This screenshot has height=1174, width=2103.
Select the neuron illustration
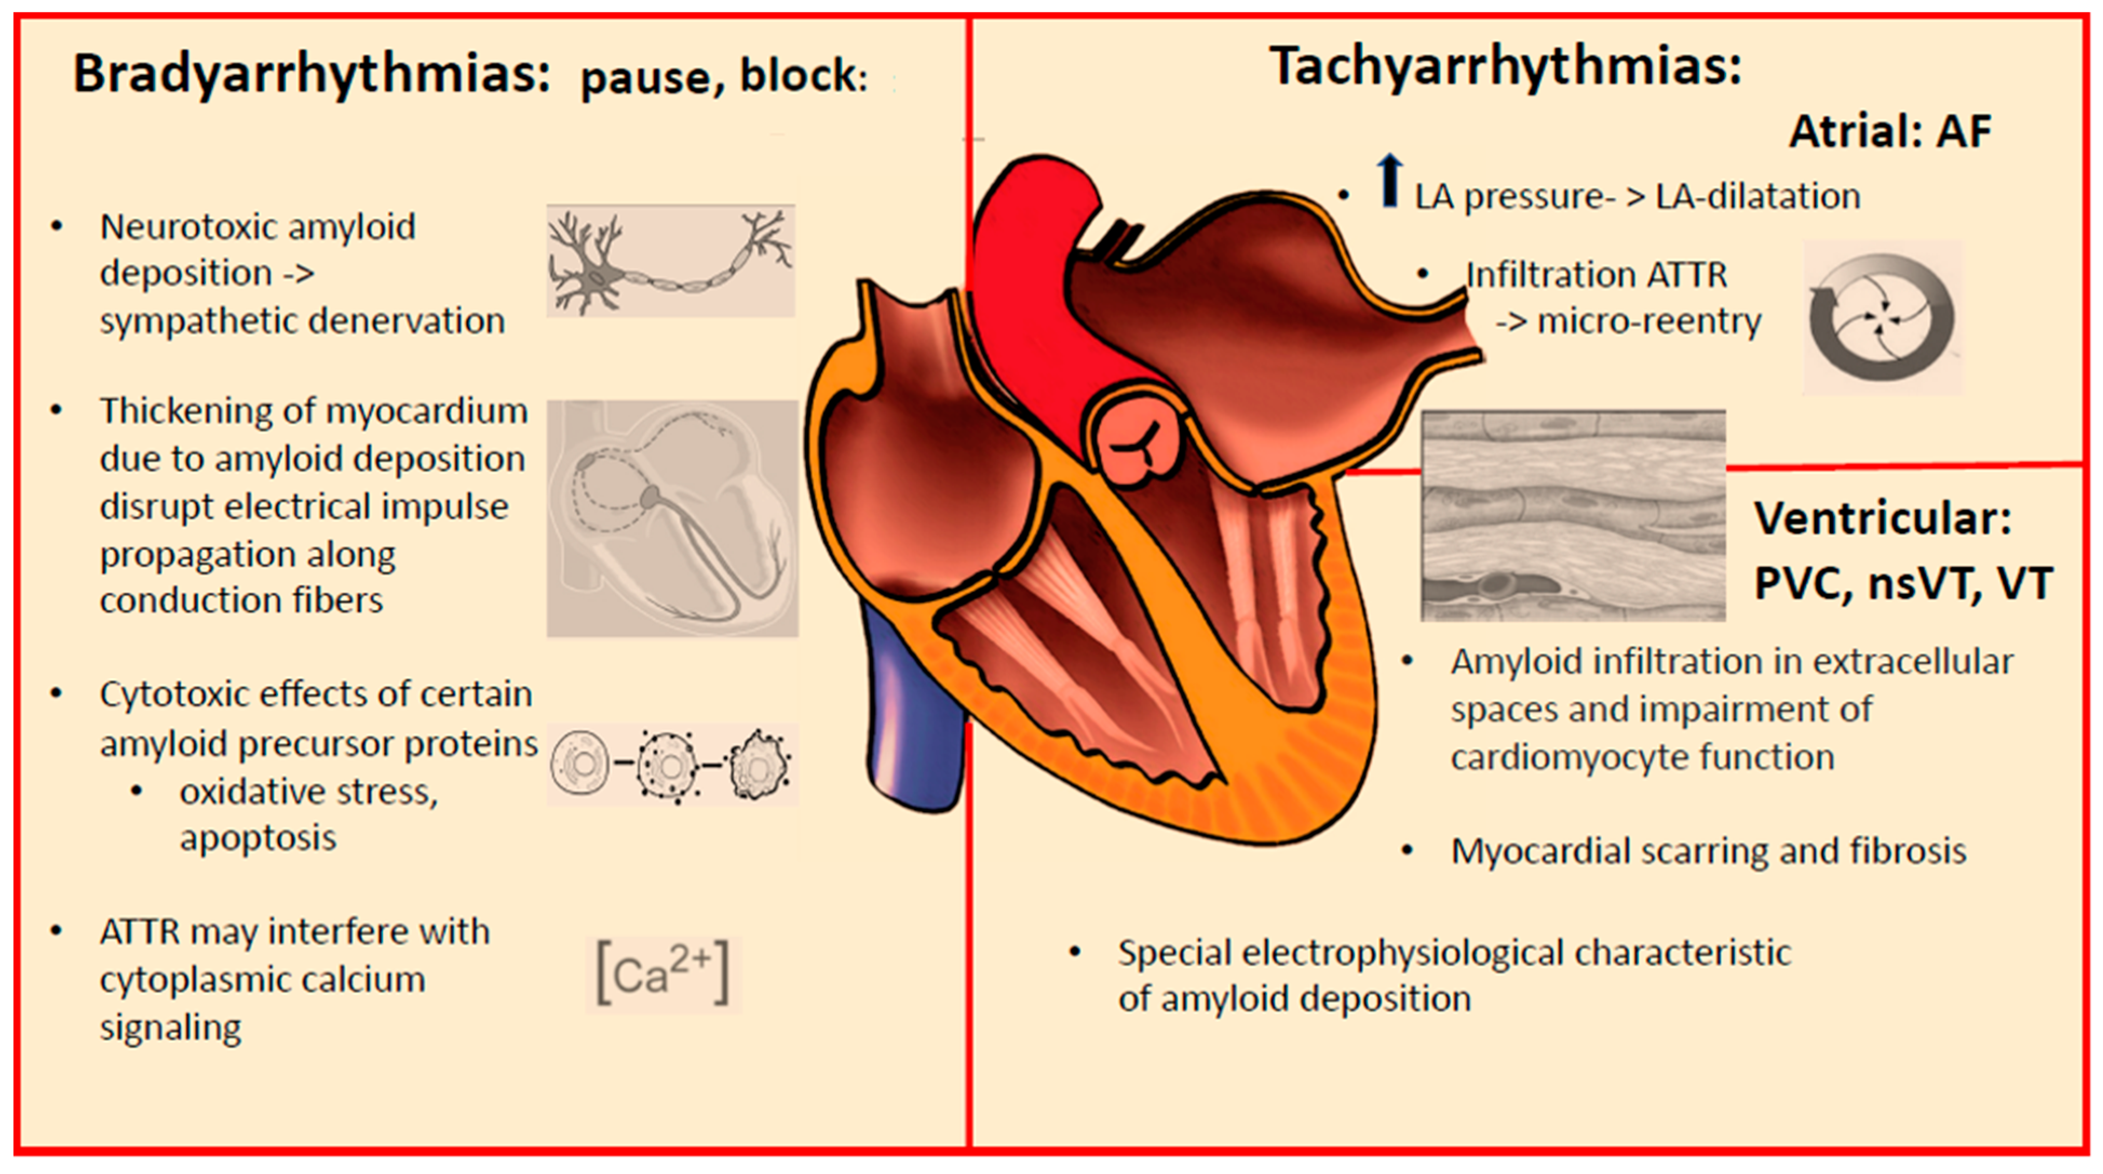(670, 261)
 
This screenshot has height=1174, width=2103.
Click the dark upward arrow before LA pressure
(1389, 181)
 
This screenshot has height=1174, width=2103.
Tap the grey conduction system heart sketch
(672, 518)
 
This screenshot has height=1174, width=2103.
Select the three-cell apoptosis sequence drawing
(672, 765)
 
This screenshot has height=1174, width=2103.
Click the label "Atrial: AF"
(1889, 131)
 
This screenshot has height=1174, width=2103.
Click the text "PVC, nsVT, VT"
(1902, 584)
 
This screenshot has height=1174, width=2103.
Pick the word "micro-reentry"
(1649, 321)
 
